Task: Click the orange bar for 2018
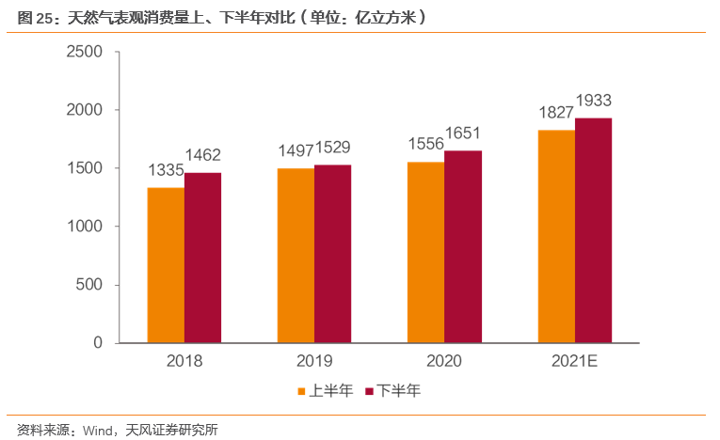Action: [166, 265]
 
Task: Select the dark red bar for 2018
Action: [202, 258]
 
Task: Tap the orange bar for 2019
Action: [296, 256]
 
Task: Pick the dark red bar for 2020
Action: [463, 246]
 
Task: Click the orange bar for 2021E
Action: [556, 236]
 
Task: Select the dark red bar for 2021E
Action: [593, 230]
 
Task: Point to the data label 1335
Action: [166, 170]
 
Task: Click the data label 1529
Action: [333, 148]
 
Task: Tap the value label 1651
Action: [463, 134]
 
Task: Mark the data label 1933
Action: [594, 101]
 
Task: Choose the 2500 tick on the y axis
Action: [85, 53]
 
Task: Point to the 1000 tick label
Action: [85, 227]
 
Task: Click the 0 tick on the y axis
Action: [97, 343]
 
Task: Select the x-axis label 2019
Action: [314, 360]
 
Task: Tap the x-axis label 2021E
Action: [575, 360]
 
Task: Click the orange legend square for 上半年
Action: [303, 391]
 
